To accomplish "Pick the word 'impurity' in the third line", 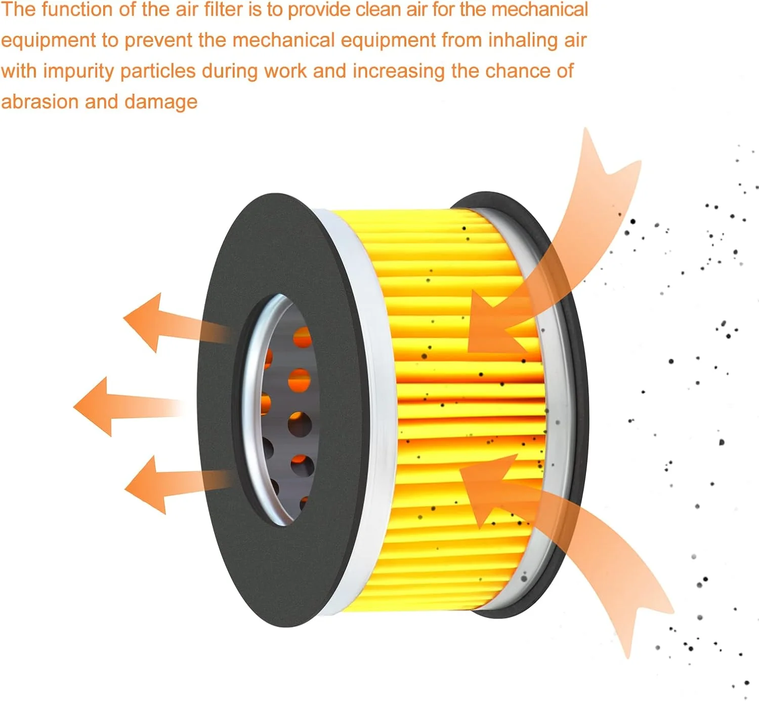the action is [78, 71].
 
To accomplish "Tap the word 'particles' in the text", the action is [157, 71].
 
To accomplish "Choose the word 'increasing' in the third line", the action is [399, 71].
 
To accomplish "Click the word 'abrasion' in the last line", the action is [40, 102].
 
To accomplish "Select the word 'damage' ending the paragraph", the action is [160, 102].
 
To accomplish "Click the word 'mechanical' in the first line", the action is [539, 9].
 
